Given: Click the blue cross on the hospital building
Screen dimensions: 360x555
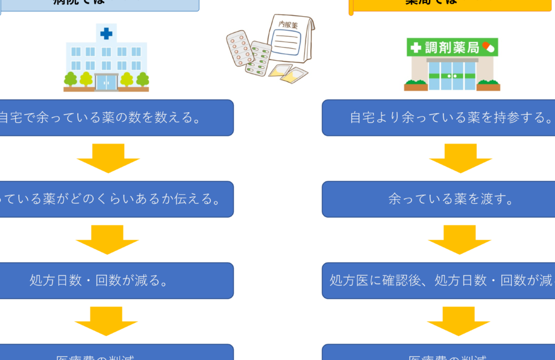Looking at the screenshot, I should pos(106,34).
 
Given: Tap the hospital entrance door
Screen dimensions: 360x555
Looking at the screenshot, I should pos(106,82).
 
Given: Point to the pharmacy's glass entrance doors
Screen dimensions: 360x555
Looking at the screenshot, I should pos(451,77).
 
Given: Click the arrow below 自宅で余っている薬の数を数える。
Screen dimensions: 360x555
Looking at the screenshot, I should pos(108,158).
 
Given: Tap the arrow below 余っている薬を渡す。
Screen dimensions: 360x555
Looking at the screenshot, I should pos(460,239).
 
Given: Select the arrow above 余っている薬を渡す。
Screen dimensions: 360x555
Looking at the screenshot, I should pos(460,158).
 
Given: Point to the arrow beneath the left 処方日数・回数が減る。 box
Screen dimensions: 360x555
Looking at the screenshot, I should pos(107,321).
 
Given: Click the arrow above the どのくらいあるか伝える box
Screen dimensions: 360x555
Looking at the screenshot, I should pos(108,158).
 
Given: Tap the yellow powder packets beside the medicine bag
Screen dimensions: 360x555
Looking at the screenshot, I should pos(283,75).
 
